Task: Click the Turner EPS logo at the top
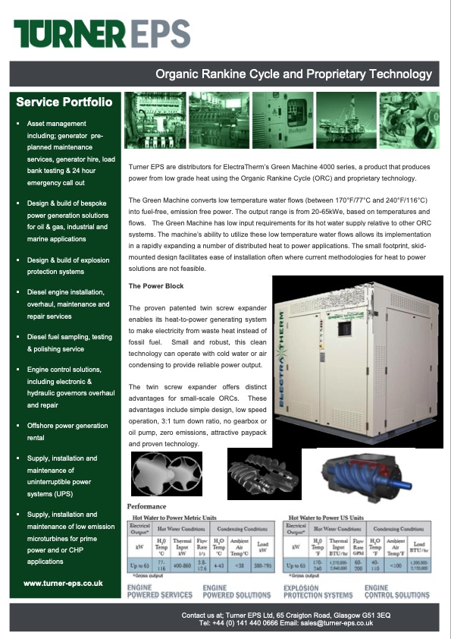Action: coord(102,34)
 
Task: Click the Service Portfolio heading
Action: coord(64,102)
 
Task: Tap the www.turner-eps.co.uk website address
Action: coord(63,583)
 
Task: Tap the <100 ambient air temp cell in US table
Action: coord(394,566)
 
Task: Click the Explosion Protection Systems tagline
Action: coord(318,592)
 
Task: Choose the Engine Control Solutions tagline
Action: coord(396,592)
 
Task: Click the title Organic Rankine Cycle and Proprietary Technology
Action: coord(293,74)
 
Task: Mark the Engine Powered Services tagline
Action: coord(160,592)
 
